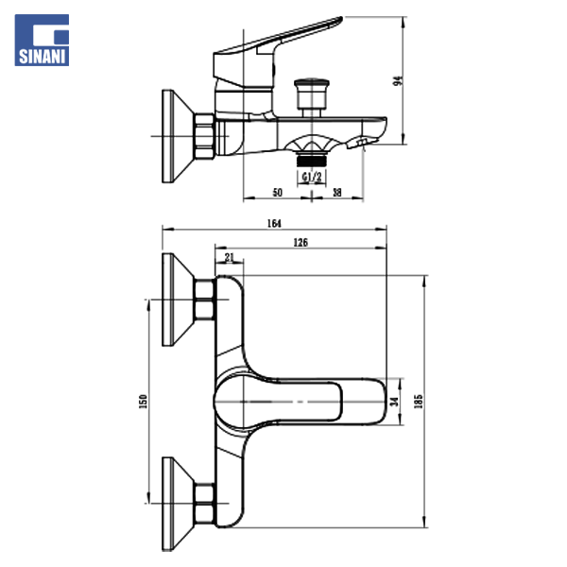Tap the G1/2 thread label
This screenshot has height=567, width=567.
[311, 176]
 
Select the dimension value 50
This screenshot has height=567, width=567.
[278, 192]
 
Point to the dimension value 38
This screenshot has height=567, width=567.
[337, 192]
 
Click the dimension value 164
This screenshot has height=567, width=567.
[275, 223]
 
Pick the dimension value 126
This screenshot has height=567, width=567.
[301, 243]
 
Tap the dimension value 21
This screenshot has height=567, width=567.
[231, 256]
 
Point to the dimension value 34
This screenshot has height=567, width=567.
[396, 401]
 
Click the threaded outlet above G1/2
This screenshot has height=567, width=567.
[311, 151]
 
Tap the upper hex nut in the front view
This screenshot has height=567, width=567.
[203, 301]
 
